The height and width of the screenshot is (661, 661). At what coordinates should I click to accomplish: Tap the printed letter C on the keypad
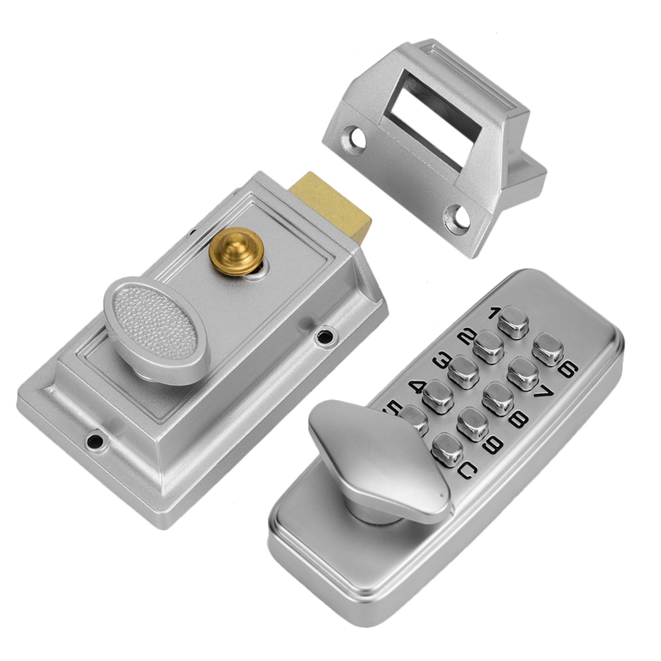(467, 470)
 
